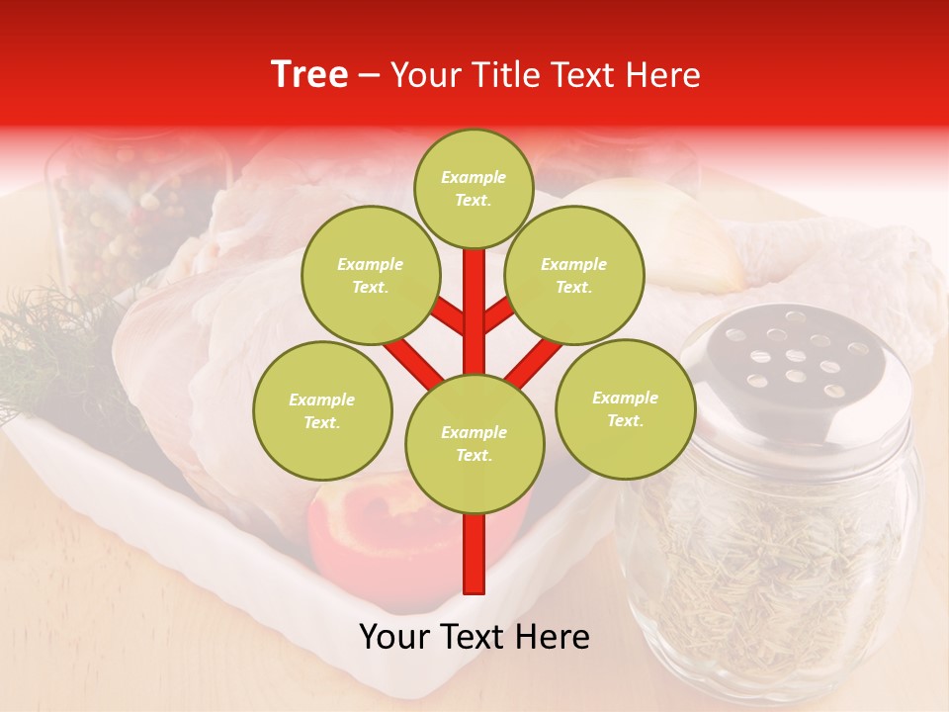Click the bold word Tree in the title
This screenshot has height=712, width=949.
coord(309,74)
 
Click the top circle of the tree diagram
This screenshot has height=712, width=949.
coord(474,188)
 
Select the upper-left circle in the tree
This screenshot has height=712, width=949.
coord(370,275)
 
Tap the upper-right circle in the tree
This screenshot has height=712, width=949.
coord(573,275)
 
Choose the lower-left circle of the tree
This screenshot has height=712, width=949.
coord(322,410)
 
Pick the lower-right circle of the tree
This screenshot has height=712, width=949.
coord(625,408)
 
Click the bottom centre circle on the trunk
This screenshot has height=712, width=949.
coord(474,443)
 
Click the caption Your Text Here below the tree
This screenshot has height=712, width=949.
coord(474,637)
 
